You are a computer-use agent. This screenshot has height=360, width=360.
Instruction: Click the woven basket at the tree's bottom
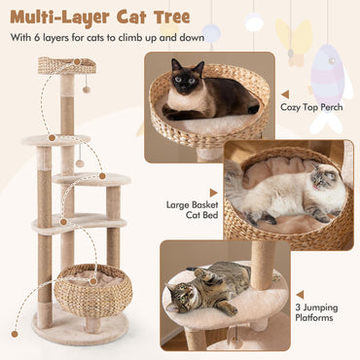[95, 289]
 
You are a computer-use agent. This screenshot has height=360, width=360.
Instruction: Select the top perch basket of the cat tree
[67, 66]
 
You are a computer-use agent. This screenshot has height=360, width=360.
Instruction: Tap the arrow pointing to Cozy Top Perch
[273, 109]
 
